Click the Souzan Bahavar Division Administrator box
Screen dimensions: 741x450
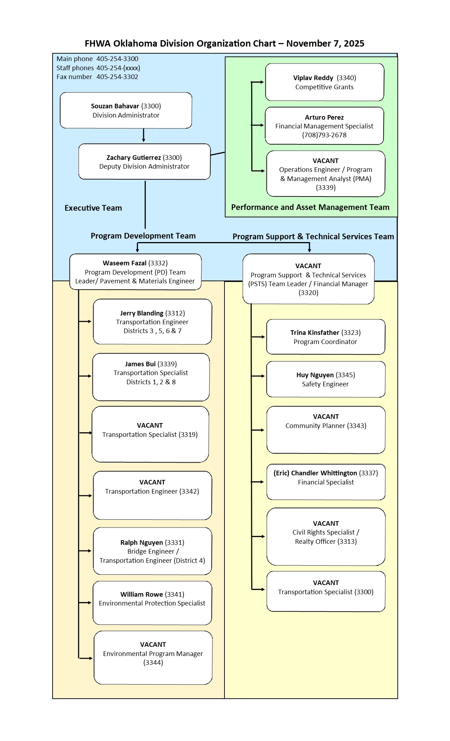126,110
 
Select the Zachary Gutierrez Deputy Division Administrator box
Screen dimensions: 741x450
144,162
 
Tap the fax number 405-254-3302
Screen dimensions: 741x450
117,77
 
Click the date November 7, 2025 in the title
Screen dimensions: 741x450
325,43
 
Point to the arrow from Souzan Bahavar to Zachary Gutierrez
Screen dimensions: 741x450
143,135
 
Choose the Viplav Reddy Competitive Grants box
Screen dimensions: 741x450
324,82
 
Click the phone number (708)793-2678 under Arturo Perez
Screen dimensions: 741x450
324,135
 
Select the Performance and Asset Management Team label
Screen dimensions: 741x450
310,207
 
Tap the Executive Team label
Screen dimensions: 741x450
93,208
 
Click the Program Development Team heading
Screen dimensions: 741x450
143,236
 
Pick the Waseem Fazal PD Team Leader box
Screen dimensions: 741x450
135,272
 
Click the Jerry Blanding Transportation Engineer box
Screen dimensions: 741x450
152,322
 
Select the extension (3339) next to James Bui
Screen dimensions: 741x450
167,364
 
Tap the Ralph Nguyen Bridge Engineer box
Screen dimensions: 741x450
152,551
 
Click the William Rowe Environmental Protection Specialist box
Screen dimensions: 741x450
152,603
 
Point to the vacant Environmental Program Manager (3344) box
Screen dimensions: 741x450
153,658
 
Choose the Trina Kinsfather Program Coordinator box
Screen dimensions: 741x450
325,337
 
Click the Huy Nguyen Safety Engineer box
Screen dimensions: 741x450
325,379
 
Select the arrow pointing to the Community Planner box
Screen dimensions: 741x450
258,430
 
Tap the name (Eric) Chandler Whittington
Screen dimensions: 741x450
315,473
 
